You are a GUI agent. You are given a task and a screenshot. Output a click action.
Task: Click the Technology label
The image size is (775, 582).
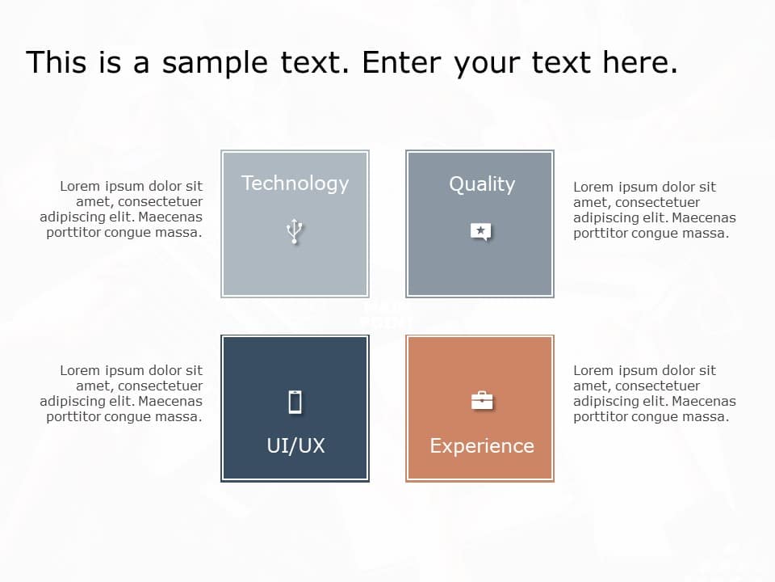[295, 183]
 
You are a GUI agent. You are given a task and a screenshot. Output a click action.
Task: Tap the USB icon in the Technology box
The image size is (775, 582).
[295, 231]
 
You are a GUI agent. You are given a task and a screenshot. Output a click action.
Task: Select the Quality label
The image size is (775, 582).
[481, 184]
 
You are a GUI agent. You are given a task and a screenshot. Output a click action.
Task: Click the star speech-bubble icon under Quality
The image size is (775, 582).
[481, 232]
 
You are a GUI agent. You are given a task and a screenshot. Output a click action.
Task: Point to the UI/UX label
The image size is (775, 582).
[295, 445]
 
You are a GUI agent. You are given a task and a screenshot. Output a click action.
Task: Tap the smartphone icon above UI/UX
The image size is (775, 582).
[295, 401]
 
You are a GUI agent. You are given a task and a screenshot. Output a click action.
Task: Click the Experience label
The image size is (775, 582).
[481, 445]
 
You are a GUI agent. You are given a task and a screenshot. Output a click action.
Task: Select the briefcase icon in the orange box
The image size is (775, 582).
[482, 400]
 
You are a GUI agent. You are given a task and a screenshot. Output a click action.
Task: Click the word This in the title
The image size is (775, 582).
[55, 62]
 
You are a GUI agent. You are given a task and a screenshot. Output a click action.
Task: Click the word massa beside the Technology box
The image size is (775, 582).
[181, 233]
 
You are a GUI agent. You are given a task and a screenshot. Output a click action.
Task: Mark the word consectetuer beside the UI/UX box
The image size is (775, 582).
[160, 386]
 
